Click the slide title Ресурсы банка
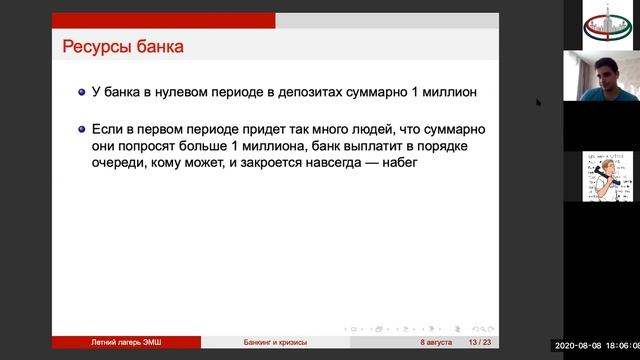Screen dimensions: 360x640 tap(123, 46)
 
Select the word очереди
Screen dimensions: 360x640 tap(122, 162)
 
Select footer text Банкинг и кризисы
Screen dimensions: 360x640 tap(276, 342)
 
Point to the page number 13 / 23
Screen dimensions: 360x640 tap(479, 342)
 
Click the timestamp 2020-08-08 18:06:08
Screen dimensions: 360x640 tap(598, 342)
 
